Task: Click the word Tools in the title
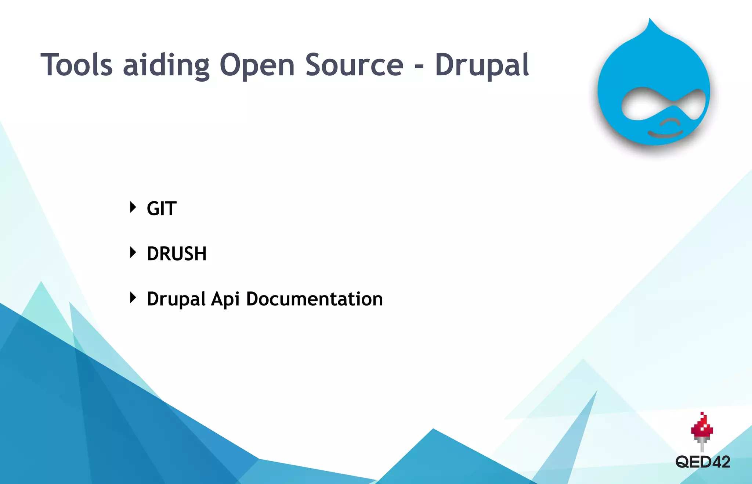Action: pyautogui.click(x=76, y=65)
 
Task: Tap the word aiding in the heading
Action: pyautogui.click(x=166, y=65)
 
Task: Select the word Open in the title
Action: pyautogui.click(x=257, y=65)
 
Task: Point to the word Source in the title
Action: pyautogui.click(x=354, y=65)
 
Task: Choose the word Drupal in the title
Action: pyautogui.click(x=482, y=65)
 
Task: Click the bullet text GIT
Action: pyautogui.click(x=162, y=208)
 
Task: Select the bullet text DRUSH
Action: pyautogui.click(x=177, y=254)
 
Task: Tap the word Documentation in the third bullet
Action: pyautogui.click(x=314, y=299)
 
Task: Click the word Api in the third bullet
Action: pyautogui.click(x=225, y=299)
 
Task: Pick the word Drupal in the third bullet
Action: pyautogui.click(x=176, y=299)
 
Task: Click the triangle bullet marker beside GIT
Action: pyautogui.click(x=133, y=207)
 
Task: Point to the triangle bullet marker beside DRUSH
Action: pyautogui.click(x=133, y=252)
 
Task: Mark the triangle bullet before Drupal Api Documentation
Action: pyautogui.click(x=133, y=297)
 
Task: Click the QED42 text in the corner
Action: pyautogui.click(x=702, y=462)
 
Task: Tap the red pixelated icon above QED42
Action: pyautogui.click(x=702, y=426)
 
